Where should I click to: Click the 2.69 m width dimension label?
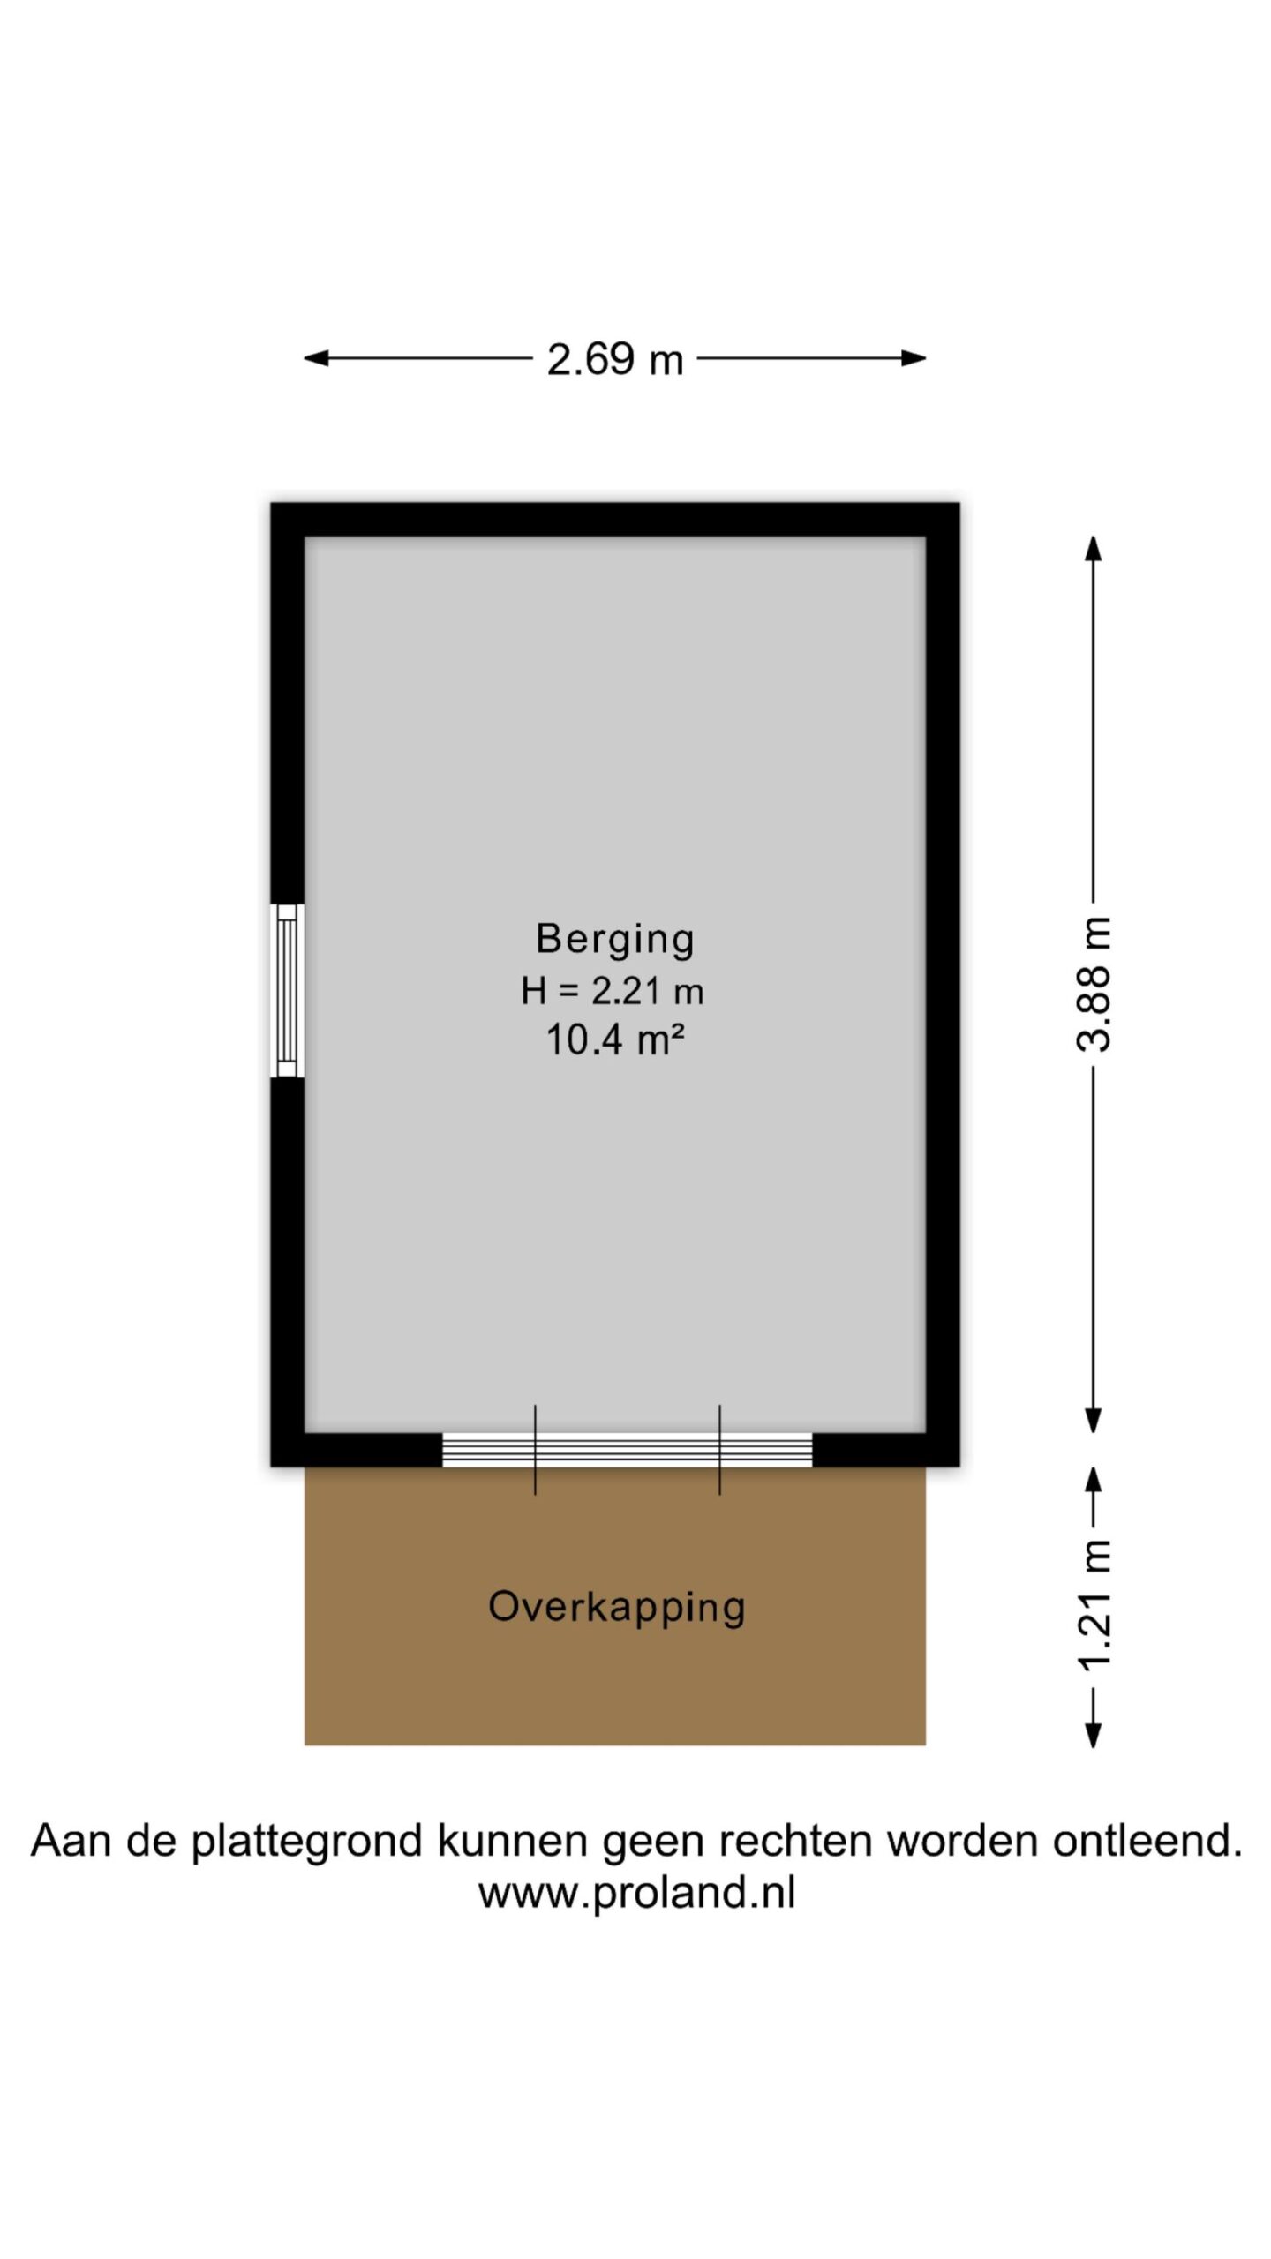tap(615, 359)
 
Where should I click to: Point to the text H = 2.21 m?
tap(613, 991)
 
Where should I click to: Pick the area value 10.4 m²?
tap(615, 1039)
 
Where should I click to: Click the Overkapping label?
tap(617, 1607)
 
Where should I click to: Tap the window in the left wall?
tap(287, 990)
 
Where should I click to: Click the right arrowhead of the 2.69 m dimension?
tap(914, 358)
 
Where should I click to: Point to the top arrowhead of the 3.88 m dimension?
tap(1093, 548)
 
